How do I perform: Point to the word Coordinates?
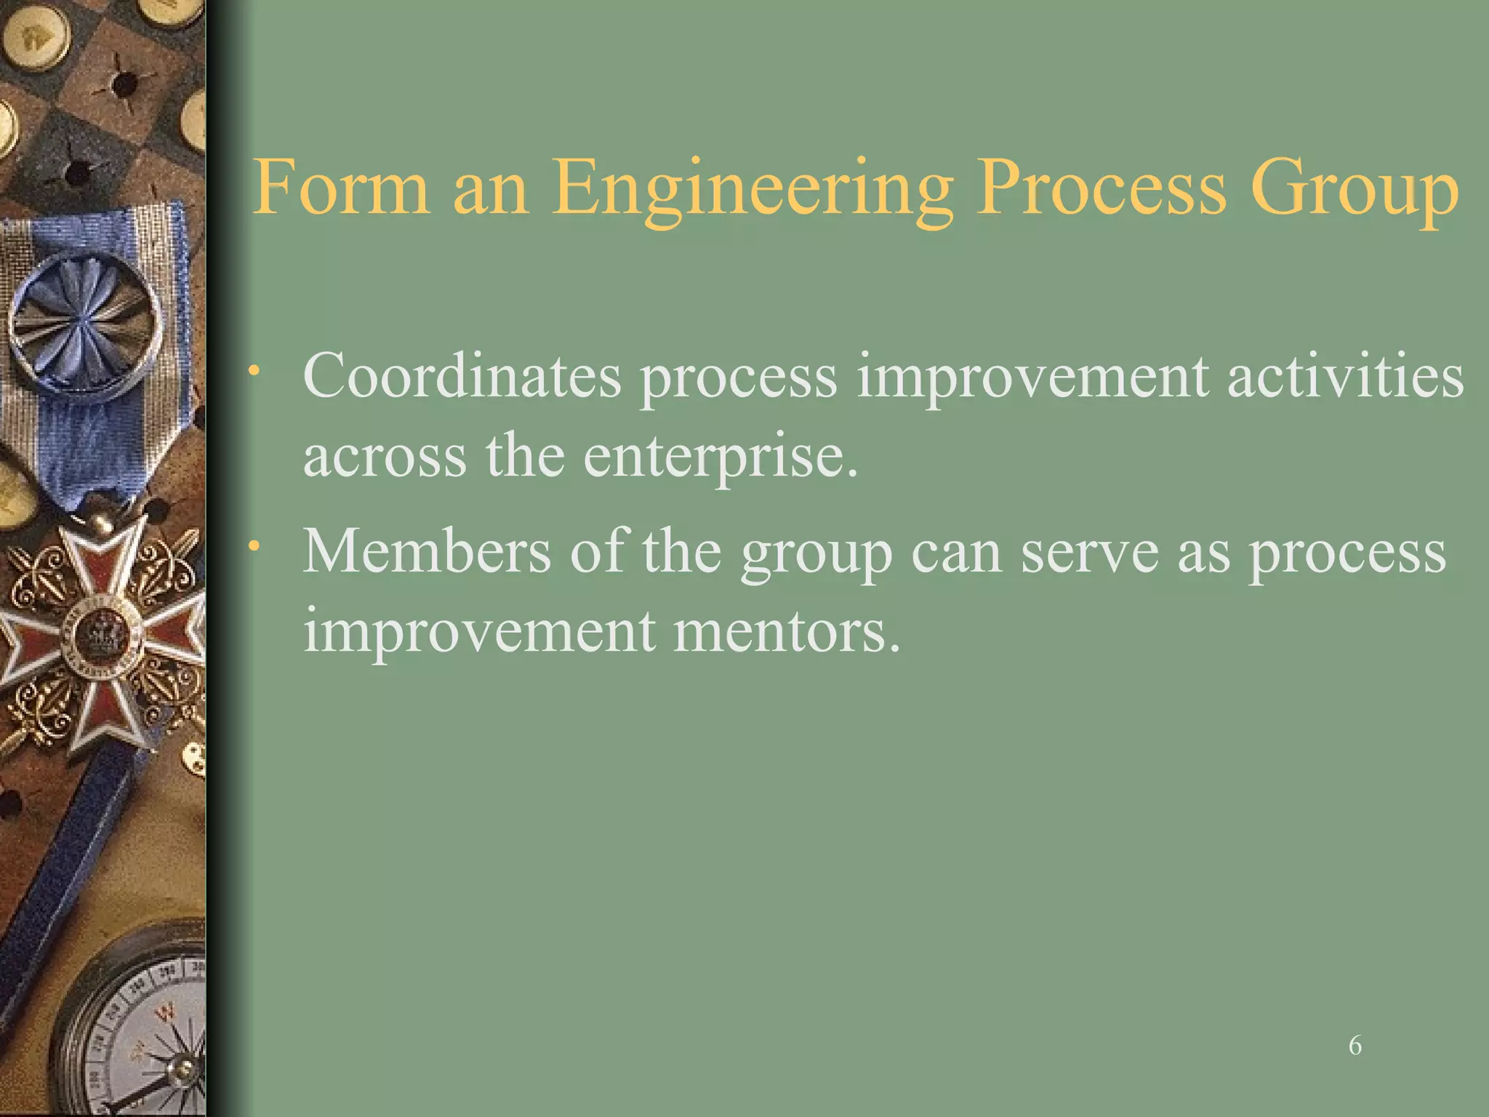point(462,376)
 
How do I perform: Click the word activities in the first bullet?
point(1345,376)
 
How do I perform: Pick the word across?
point(385,457)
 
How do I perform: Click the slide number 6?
point(1354,1045)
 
